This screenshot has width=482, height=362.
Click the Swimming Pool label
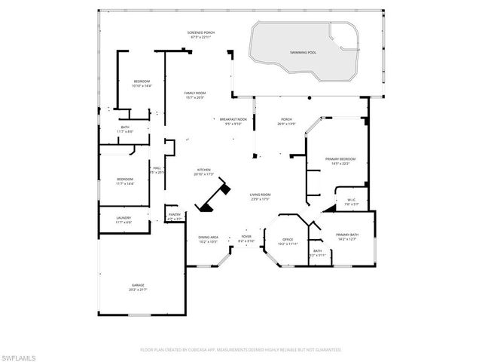point(303,52)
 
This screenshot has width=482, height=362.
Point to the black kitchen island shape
point(214,195)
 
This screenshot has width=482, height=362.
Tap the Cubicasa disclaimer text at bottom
point(241,350)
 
